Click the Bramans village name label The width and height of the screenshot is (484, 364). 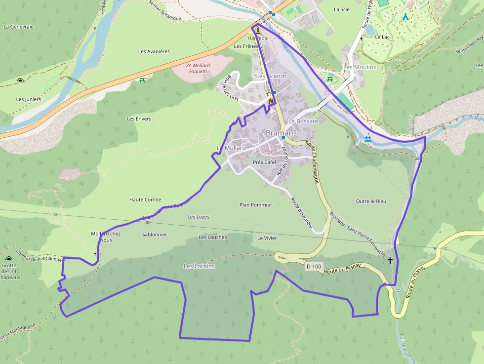tap(282, 133)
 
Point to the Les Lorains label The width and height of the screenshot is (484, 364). tap(199, 266)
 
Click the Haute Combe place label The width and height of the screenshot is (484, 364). tap(145, 200)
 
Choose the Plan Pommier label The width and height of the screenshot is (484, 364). tap(255, 204)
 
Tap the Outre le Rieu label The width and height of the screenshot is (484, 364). tap(371, 201)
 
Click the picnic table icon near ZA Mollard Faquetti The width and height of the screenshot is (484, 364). tap(142, 80)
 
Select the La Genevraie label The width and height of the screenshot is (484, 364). tap(18, 27)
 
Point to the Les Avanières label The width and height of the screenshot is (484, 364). tap(154, 51)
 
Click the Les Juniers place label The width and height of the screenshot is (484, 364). tap(29, 99)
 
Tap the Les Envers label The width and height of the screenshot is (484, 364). tap(139, 119)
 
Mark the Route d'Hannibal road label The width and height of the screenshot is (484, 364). tap(302, 213)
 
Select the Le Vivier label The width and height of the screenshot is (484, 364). tap(267, 238)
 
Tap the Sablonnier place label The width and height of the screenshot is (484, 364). tap(155, 235)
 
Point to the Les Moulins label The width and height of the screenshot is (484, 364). tap(360, 67)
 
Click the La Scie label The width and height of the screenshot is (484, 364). tap(342, 9)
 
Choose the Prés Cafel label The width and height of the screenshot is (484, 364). tap(264, 162)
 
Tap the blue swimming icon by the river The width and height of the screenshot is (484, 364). tap(367, 139)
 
